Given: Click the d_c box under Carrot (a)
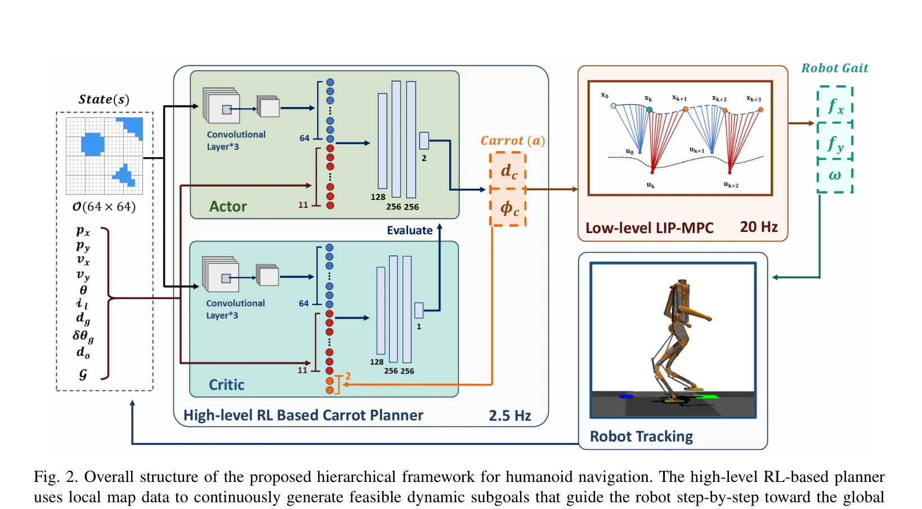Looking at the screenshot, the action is point(508,171).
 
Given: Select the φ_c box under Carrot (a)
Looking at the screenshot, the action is point(508,208).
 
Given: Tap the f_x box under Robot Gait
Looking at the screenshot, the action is point(835,105).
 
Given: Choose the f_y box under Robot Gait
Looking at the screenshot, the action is point(835,141).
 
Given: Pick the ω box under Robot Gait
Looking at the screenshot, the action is point(835,176).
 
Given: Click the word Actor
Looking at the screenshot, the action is point(228,206).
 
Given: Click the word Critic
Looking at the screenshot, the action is point(226,385).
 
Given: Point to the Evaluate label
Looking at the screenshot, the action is point(410,230).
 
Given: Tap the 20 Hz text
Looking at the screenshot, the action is point(759,227).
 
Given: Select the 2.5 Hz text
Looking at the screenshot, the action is point(509,416).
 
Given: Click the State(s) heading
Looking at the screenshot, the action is point(104,99).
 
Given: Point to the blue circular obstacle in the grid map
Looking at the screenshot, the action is point(93,144).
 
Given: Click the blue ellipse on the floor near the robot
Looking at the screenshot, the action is point(626,396).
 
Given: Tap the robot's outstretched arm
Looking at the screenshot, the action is point(695,313).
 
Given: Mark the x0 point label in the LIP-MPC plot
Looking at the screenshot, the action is point(604,95).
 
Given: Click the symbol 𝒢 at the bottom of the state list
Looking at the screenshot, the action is point(83,374).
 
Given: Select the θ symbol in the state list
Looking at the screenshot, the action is point(83,290).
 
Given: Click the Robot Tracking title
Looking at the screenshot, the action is point(641,436).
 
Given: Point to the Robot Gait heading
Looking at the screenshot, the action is point(835,68).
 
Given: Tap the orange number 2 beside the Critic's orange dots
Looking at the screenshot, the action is point(348,376).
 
